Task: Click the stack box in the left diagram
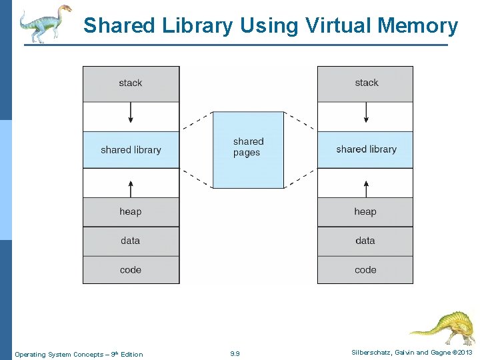(131, 83)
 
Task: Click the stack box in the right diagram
(365, 83)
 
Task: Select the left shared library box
(131, 149)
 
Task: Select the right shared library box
(365, 149)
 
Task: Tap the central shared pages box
(248, 149)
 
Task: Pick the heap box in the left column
(131, 212)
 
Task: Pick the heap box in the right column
(365, 212)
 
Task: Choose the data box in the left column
(131, 241)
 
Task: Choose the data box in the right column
(365, 241)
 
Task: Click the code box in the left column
(131, 270)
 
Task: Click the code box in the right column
(365, 270)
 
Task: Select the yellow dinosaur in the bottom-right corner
(443, 326)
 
